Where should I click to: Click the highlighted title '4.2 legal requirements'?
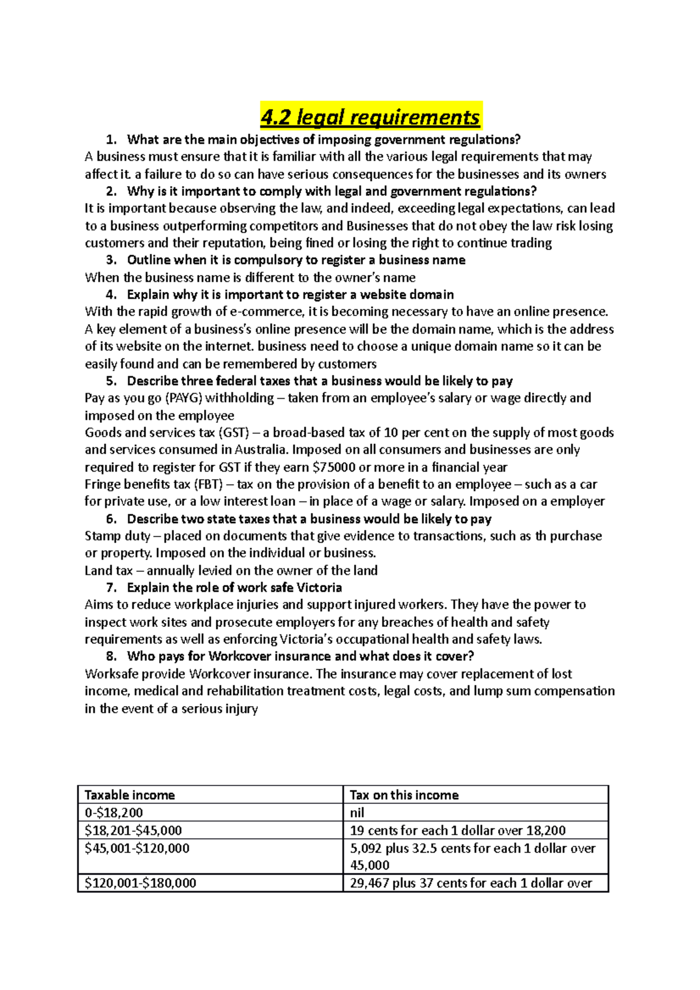370,117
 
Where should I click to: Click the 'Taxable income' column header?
129,795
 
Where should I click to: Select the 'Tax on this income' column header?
404,795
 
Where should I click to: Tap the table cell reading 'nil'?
357,812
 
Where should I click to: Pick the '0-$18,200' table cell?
114,812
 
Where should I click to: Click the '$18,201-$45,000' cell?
133,830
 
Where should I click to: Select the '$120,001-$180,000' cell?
140,883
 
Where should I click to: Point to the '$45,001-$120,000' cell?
137,848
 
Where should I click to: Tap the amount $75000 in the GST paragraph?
334,467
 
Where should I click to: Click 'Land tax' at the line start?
108,570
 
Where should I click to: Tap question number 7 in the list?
111,587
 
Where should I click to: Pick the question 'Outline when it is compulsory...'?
296,259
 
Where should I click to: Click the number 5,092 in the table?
366,848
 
